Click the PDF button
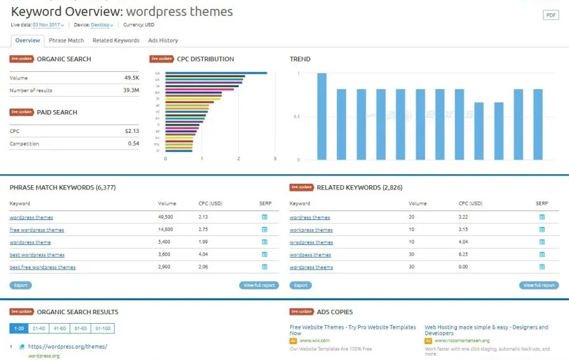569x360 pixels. point(551,15)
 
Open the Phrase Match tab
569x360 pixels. point(66,41)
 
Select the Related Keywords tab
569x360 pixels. point(116,41)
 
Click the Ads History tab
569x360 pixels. point(163,41)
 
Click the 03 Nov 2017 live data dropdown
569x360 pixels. point(48,25)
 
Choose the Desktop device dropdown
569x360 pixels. point(102,25)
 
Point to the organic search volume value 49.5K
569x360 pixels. point(132,78)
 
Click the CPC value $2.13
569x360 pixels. point(132,131)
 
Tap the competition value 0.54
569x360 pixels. point(133,144)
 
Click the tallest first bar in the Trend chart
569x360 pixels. point(322,116)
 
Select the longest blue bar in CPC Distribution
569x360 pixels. point(216,73)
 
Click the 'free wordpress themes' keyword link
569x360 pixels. point(36,230)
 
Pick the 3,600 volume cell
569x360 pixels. point(166,254)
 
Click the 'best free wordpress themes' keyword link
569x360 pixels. point(42,267)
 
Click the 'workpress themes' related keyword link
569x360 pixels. point(311,230)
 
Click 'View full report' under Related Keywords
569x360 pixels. point(538,286)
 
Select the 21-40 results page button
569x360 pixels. point(39,328)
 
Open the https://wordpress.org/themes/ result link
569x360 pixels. point(67,347)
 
